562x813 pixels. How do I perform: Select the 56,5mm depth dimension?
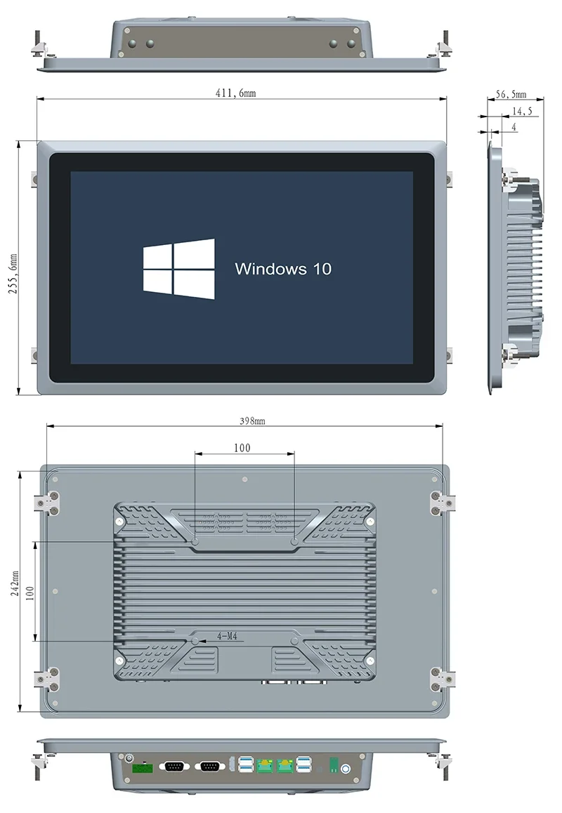tap(511, 93)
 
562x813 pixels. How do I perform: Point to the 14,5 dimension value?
tap(521, 111)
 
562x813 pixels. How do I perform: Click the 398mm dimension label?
tap(252, 421)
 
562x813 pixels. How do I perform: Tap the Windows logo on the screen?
tap(178, 268)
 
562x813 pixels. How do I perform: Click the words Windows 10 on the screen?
tap(282, 268)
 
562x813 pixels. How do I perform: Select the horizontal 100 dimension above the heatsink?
tap(243, 447)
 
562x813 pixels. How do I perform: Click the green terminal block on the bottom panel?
tap(143, 768)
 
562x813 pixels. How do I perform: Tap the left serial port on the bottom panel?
tap(174, 767)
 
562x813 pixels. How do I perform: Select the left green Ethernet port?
tap(266, 767)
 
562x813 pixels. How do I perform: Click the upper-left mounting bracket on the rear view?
tap(49, 502)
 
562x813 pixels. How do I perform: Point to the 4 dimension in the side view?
tap(514, 127)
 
